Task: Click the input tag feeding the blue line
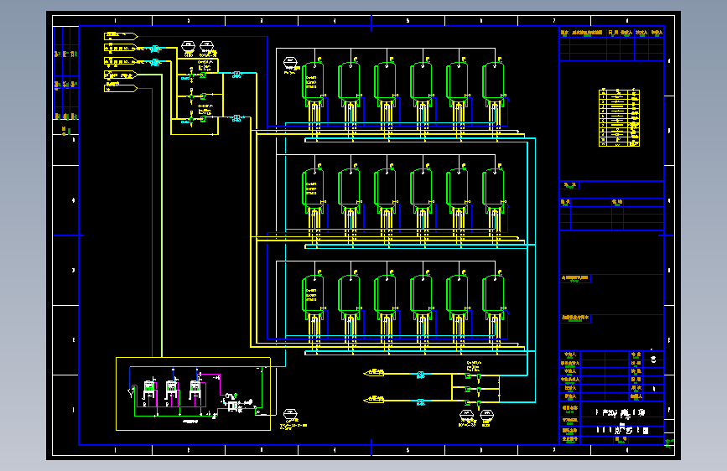coord(120,35)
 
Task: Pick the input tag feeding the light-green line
coord(120,75)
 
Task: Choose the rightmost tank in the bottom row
coord(494,295)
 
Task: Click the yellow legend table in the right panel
coord(620,117)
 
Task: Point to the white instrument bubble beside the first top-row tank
coord(290,62)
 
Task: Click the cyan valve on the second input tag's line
coord(155,49)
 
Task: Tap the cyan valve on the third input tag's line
coord(155,61)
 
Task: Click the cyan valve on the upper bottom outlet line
coord(420,374)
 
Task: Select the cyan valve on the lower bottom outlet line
coord(420,400)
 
